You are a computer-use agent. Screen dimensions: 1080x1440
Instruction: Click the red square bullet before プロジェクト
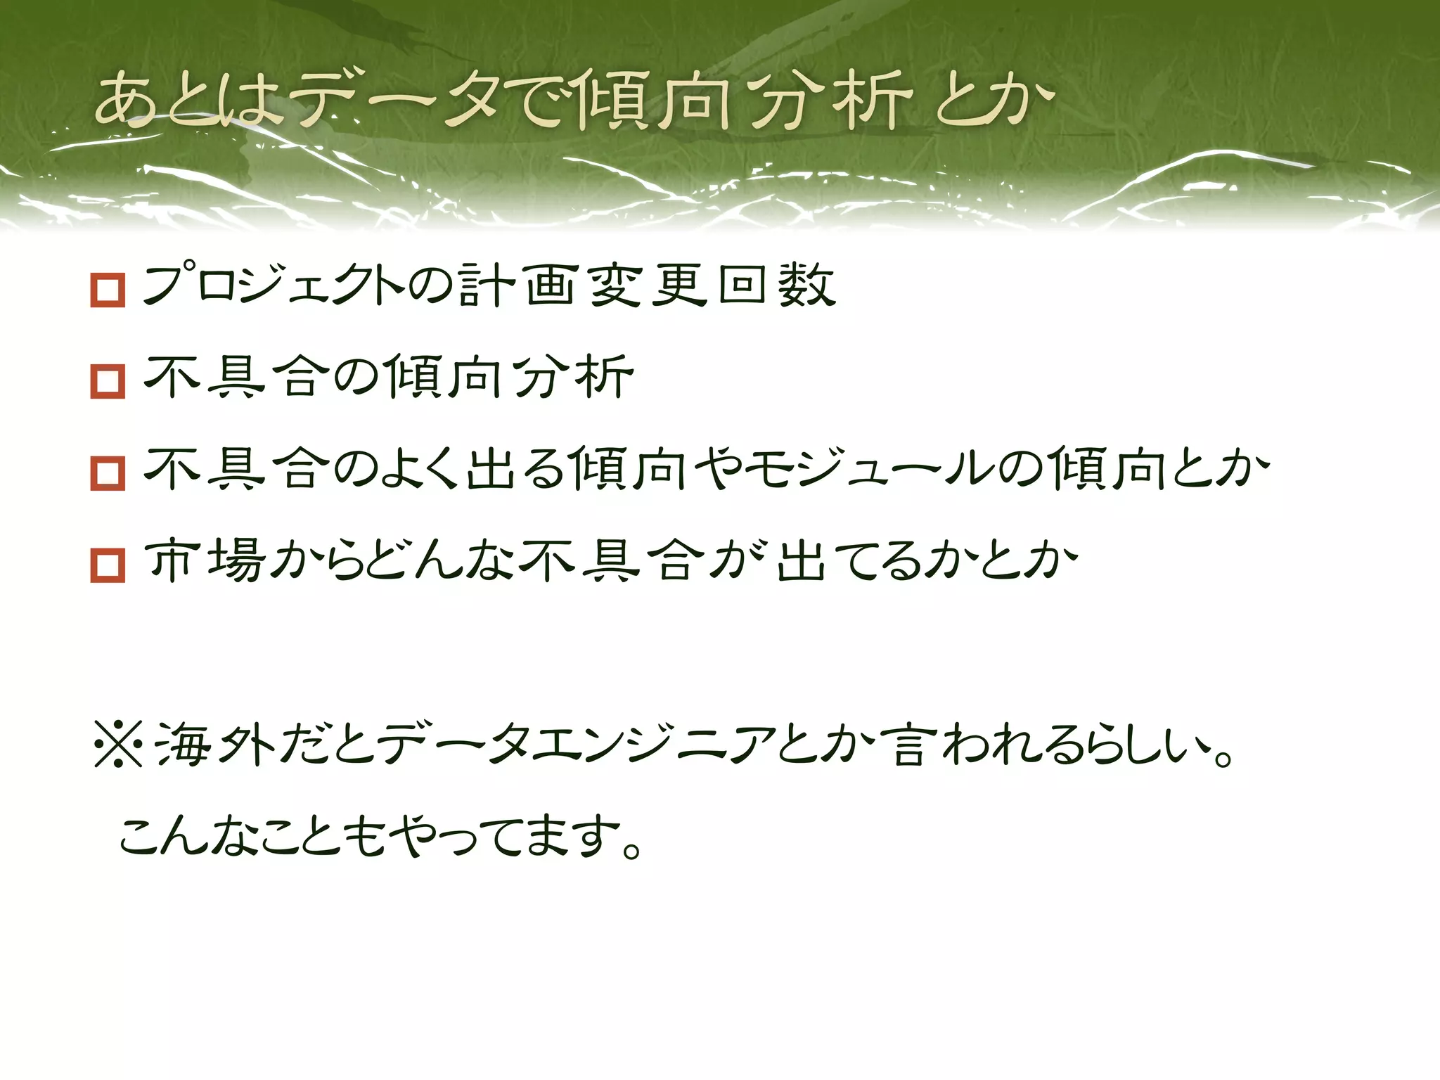108,290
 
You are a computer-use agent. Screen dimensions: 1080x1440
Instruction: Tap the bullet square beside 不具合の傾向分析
108,382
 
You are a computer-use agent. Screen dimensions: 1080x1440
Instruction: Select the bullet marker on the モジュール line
108,473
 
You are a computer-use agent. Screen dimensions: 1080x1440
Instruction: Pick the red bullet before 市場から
108,565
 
